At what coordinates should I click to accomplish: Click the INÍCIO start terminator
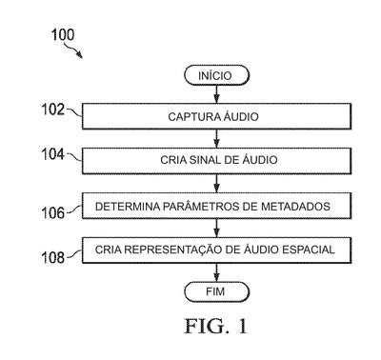(217, 75)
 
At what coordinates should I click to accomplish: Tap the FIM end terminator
(217, 291)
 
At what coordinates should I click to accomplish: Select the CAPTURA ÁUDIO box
(216, 116)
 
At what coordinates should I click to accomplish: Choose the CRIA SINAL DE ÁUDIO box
(216, 161)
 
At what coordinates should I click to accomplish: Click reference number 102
(53, 110)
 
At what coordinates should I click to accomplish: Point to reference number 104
(53, 154)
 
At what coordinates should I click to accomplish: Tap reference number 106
(53, 212)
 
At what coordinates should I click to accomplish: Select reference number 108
(53, 257)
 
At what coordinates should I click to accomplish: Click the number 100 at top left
(63, 34)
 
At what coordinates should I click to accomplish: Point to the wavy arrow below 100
(73, 50)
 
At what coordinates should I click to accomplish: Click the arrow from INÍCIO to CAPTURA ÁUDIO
(216, 94)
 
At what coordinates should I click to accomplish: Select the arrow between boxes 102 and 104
(216, 139)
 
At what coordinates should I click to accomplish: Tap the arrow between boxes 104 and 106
(216, 184)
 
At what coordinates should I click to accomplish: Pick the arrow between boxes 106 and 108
(216, 228)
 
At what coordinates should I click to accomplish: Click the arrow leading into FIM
(216, 272)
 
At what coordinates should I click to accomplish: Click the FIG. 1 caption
(216, 326)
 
